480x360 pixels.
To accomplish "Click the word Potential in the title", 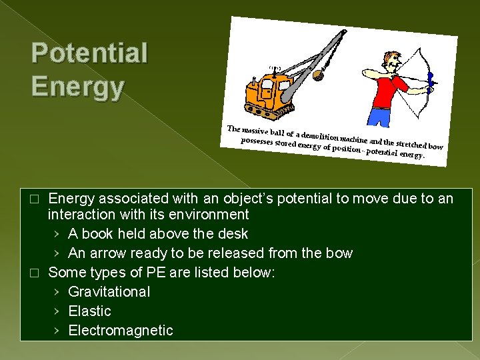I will pos(89,54).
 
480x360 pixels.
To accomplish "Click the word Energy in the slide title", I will pos(77,87).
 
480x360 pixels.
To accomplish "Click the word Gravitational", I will pos(109,291).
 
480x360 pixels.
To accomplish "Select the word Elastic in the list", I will pos(89,311).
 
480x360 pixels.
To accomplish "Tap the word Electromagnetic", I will pos(120,330).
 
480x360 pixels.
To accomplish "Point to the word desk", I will pos(232,233).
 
